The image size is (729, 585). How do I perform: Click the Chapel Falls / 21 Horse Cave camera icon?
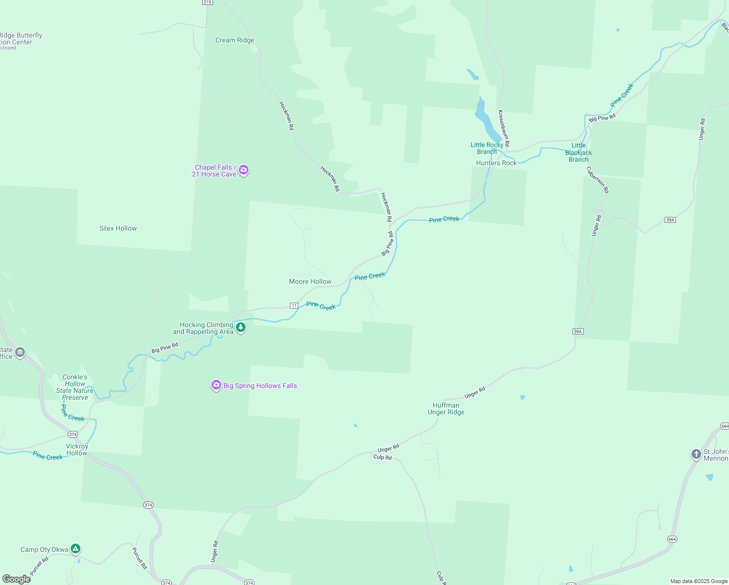(244, 170)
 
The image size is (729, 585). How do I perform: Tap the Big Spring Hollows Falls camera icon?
(216, 385)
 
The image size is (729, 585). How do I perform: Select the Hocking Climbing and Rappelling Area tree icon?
(240, 328)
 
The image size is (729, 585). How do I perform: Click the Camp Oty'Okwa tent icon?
(75, 549)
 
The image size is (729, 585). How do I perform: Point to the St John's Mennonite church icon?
(696, 454)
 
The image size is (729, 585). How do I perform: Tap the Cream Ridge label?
(234, 40)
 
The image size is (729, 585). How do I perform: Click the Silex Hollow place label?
(118, 228)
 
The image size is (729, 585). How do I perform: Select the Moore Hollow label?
(310, 281)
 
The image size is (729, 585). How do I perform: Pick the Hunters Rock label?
(496, 163)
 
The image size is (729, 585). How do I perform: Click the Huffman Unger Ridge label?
(446, 409)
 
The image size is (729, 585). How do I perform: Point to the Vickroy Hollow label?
(77, 449)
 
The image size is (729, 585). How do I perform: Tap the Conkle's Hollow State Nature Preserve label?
(75, 387)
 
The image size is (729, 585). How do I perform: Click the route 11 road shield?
(294, 306)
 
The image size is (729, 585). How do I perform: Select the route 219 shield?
(207, 2)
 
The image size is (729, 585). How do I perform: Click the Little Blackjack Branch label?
(578, 153)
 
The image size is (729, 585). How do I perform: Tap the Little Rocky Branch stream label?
(487, 148)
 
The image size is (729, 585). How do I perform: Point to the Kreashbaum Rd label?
(503, 128)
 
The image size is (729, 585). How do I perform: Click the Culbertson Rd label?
(597, 180)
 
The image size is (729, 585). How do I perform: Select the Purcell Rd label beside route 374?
(140, 558)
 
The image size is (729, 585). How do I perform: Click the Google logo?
(17, 579)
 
